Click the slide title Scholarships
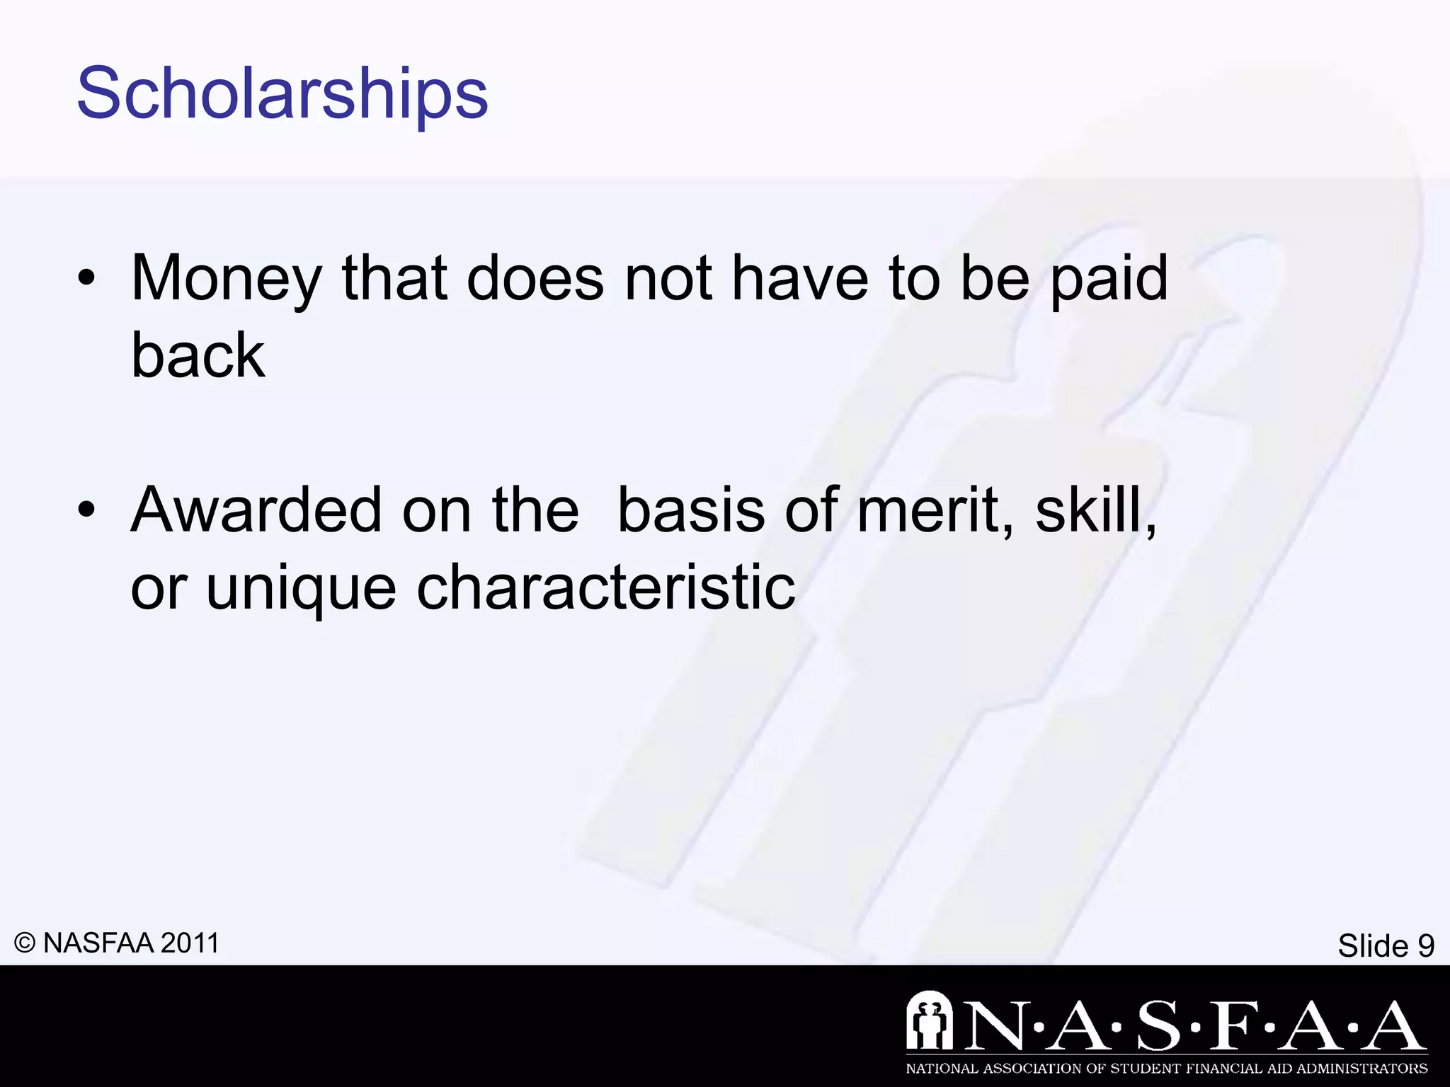pyautogui.click(x=282, y=93)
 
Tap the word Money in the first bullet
pyautogui.click(x=226, y=279)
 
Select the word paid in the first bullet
pyautogui.click(x=1109, y=279)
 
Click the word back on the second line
pyautogui.click(x=198, y=355)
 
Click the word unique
pyautogui.click(x=301, y=587)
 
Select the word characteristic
pyautogui.click(x=606, y=587)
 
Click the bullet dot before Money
pyautogui.click(x=86, y=279)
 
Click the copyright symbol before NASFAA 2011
pyautogui.click(x=25, y=943)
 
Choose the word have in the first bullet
pyautogui.click(x=800, y=279)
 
